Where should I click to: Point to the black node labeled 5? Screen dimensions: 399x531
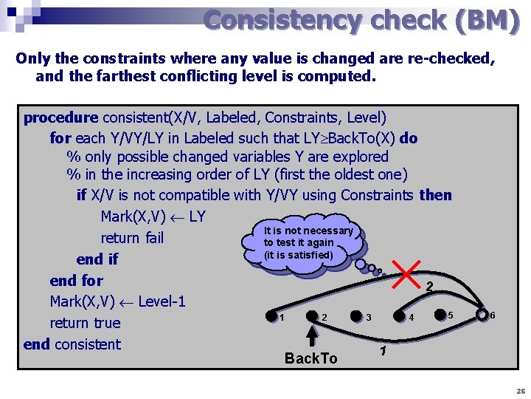tap(441, 315)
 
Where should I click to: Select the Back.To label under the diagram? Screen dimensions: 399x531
tap(310, 358)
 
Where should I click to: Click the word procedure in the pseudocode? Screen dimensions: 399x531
tap(60, 117)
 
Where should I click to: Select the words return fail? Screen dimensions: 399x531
tap(132, 238)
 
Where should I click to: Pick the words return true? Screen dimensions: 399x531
tap(85, 323)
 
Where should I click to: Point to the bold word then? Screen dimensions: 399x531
tap(435, 195)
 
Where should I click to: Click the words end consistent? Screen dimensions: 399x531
tap(72, 344)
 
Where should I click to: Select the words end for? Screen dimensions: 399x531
tap(76, 281)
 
